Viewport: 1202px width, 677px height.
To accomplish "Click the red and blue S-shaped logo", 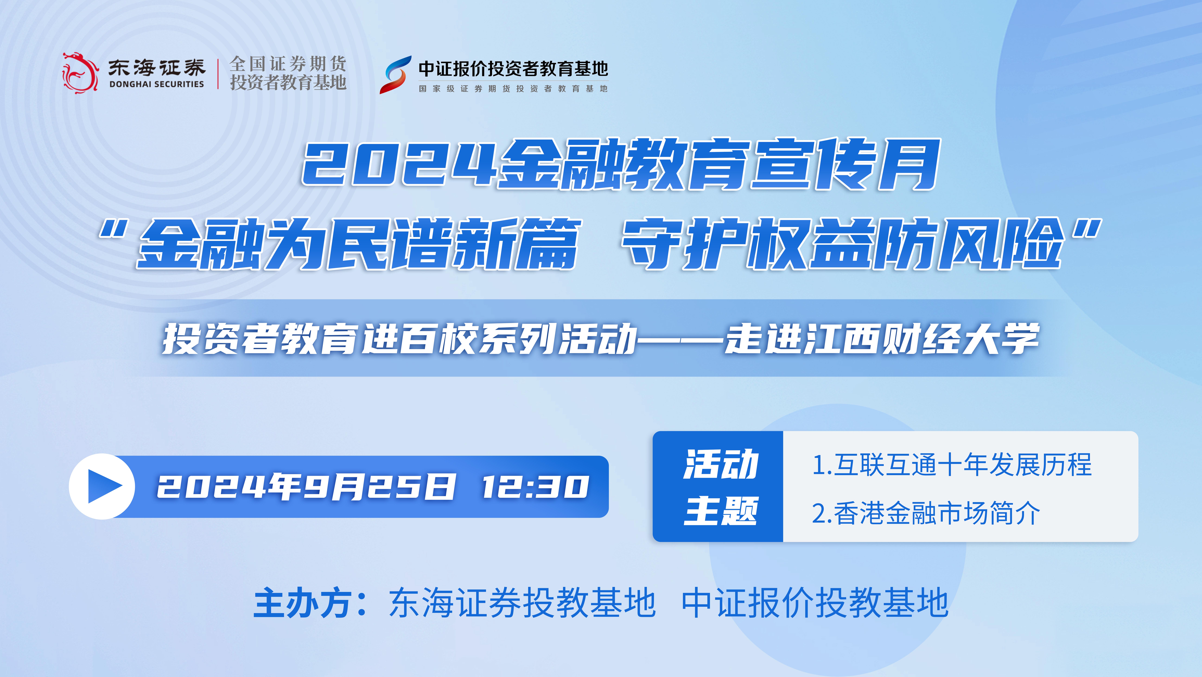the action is [x=395, y=75].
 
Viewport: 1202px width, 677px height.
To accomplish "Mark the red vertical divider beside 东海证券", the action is [x=218, y=73].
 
